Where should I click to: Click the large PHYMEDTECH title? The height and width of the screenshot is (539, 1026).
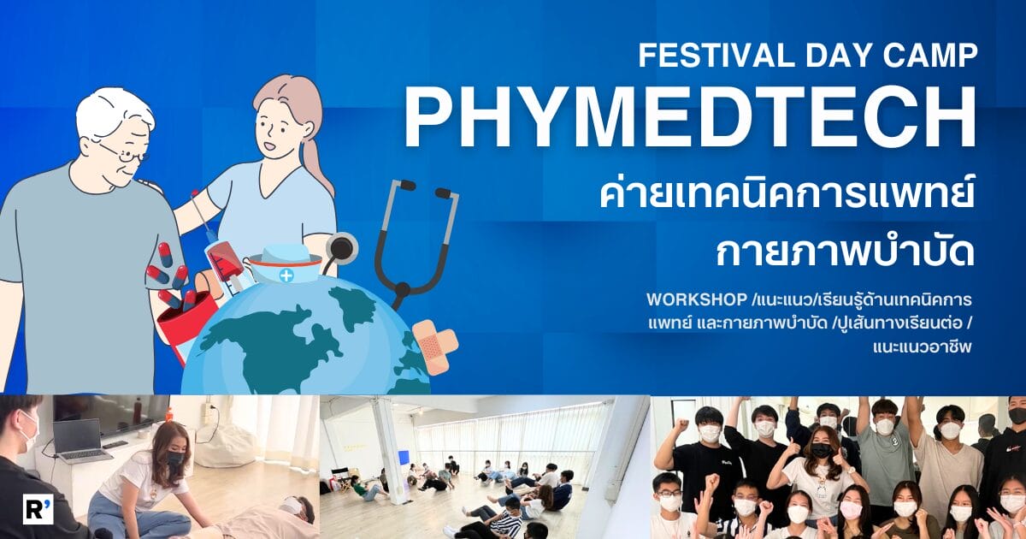pos(691,117)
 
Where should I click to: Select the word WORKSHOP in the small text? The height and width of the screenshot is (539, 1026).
pos(697,299)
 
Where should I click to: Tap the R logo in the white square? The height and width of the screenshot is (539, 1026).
pos(38,509)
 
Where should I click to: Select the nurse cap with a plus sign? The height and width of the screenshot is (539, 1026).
pos(285,264)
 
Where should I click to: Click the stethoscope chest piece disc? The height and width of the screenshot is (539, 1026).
pos(341,248)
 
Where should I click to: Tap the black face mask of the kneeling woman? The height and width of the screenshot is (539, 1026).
pos(175,459)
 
